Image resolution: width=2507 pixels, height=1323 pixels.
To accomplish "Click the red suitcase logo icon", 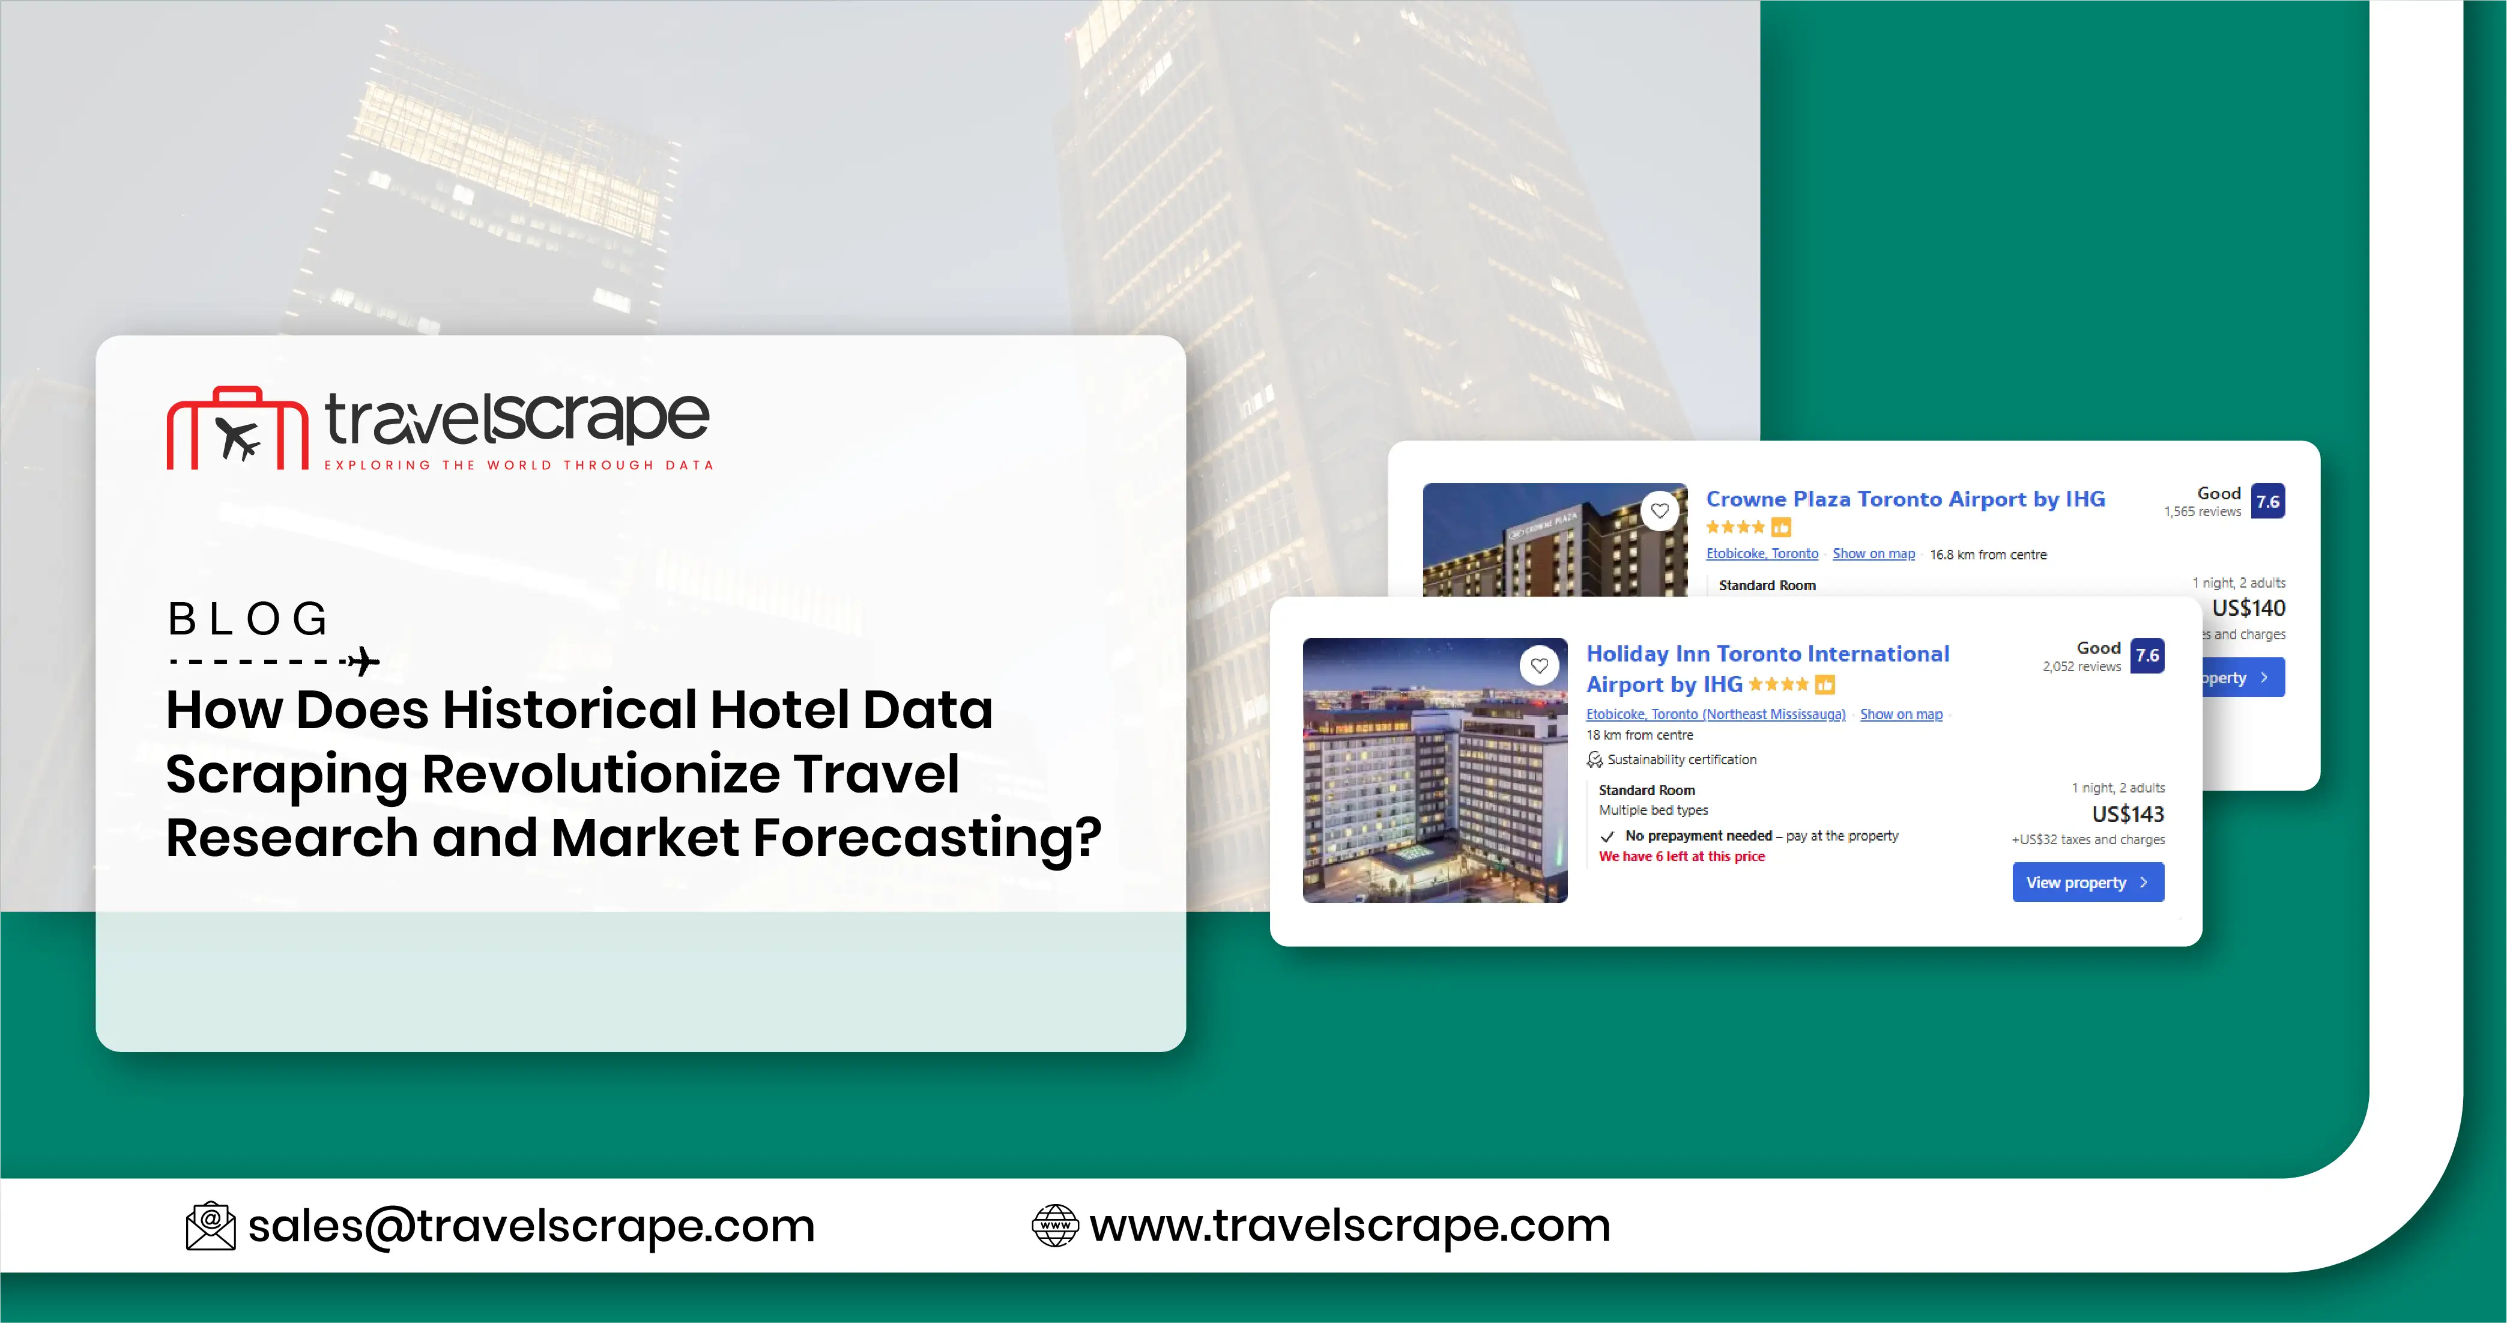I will [237, 430].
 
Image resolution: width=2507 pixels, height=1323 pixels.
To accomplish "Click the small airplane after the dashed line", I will [364, 661].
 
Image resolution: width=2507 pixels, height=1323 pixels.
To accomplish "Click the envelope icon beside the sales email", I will [210, 1226].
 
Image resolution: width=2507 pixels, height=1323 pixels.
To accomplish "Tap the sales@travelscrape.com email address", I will [531, 1226].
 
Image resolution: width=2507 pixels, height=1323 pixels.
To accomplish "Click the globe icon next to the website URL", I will [1055, 1226].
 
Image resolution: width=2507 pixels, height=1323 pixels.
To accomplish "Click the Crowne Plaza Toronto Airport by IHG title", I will [1905, 499].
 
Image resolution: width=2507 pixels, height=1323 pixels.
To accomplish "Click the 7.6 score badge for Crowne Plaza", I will [2267, 501].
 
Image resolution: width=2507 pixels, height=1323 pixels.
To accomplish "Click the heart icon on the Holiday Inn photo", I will [1538, 666].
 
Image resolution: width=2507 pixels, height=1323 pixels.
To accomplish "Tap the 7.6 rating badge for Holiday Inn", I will [2147, 656].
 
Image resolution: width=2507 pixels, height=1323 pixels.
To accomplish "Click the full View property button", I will [2087, 882].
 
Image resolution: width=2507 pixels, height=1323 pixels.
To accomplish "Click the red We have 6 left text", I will [1681, 857].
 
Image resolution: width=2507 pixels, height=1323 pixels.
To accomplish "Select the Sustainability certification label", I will [1681, 759].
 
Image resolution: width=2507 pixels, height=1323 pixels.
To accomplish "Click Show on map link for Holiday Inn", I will [1901, 714].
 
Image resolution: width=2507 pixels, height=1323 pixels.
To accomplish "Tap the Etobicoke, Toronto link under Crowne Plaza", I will [1762, 554].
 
